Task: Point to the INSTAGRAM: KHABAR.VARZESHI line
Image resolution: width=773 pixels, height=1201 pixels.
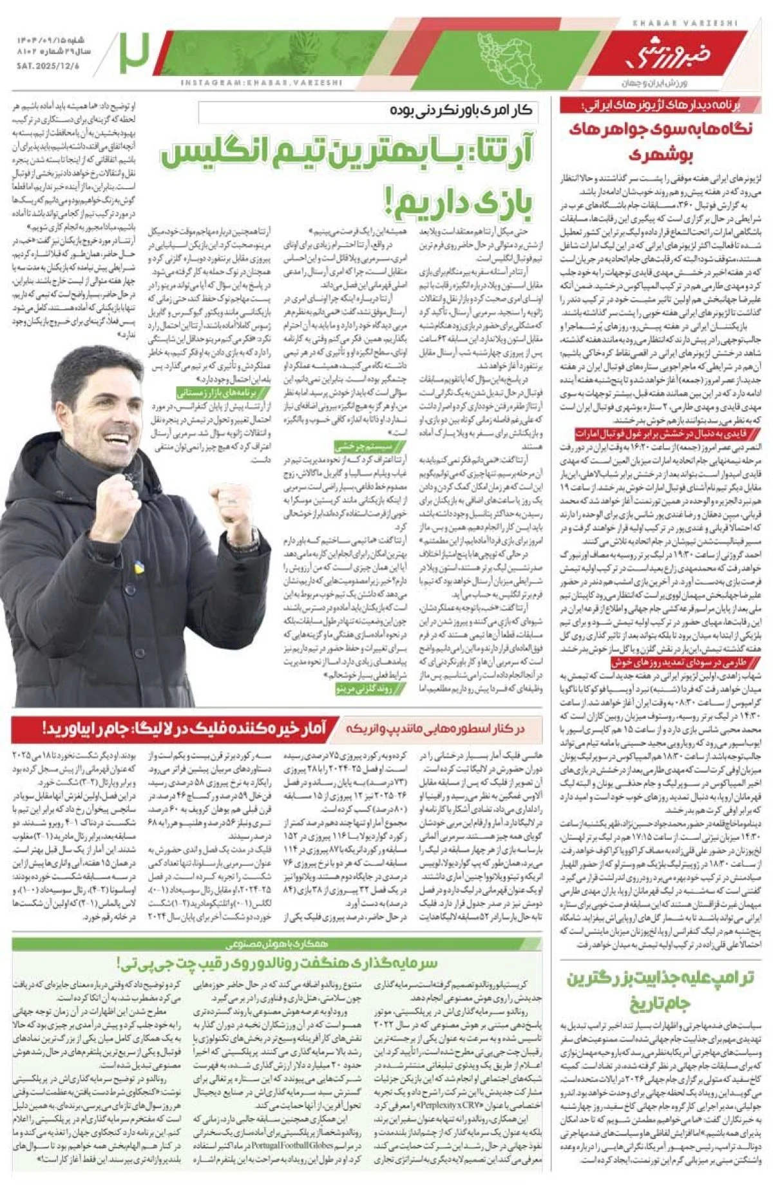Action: (261, 82)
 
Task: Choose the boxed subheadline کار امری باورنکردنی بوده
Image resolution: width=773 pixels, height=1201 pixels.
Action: (461, 111)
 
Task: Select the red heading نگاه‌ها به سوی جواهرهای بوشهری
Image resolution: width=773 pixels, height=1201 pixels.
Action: (660, 140)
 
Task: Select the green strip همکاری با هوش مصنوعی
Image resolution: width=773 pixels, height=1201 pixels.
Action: (277, 944)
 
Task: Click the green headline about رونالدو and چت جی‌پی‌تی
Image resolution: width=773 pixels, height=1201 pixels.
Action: (277, 963)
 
